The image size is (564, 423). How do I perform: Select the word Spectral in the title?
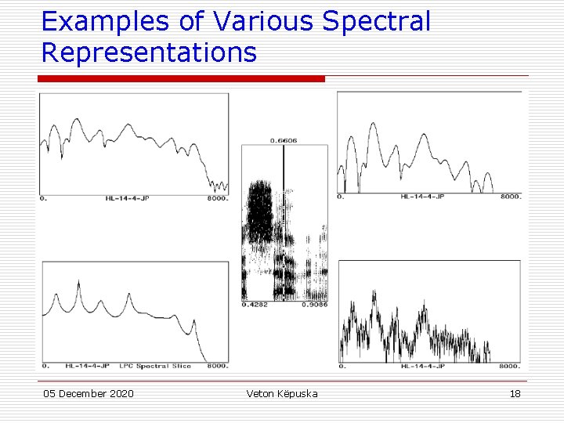tap(377, 22)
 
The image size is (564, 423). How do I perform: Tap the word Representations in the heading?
tap(149, 52)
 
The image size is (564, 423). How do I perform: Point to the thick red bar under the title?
tap(181, 78)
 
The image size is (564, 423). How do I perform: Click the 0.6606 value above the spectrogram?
tap(284, 141)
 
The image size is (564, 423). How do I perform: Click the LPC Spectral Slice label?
tap(154, 366)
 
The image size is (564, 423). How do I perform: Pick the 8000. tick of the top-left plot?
tap(216, 199)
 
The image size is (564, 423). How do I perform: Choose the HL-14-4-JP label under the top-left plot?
tap(124, 199)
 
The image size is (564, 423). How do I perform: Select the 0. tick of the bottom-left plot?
tap(46, 366)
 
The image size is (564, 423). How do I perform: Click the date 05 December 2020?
tap(89, 393)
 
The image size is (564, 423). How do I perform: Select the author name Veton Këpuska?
tap(282, 393)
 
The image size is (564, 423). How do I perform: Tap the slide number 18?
tap(515, 393)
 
